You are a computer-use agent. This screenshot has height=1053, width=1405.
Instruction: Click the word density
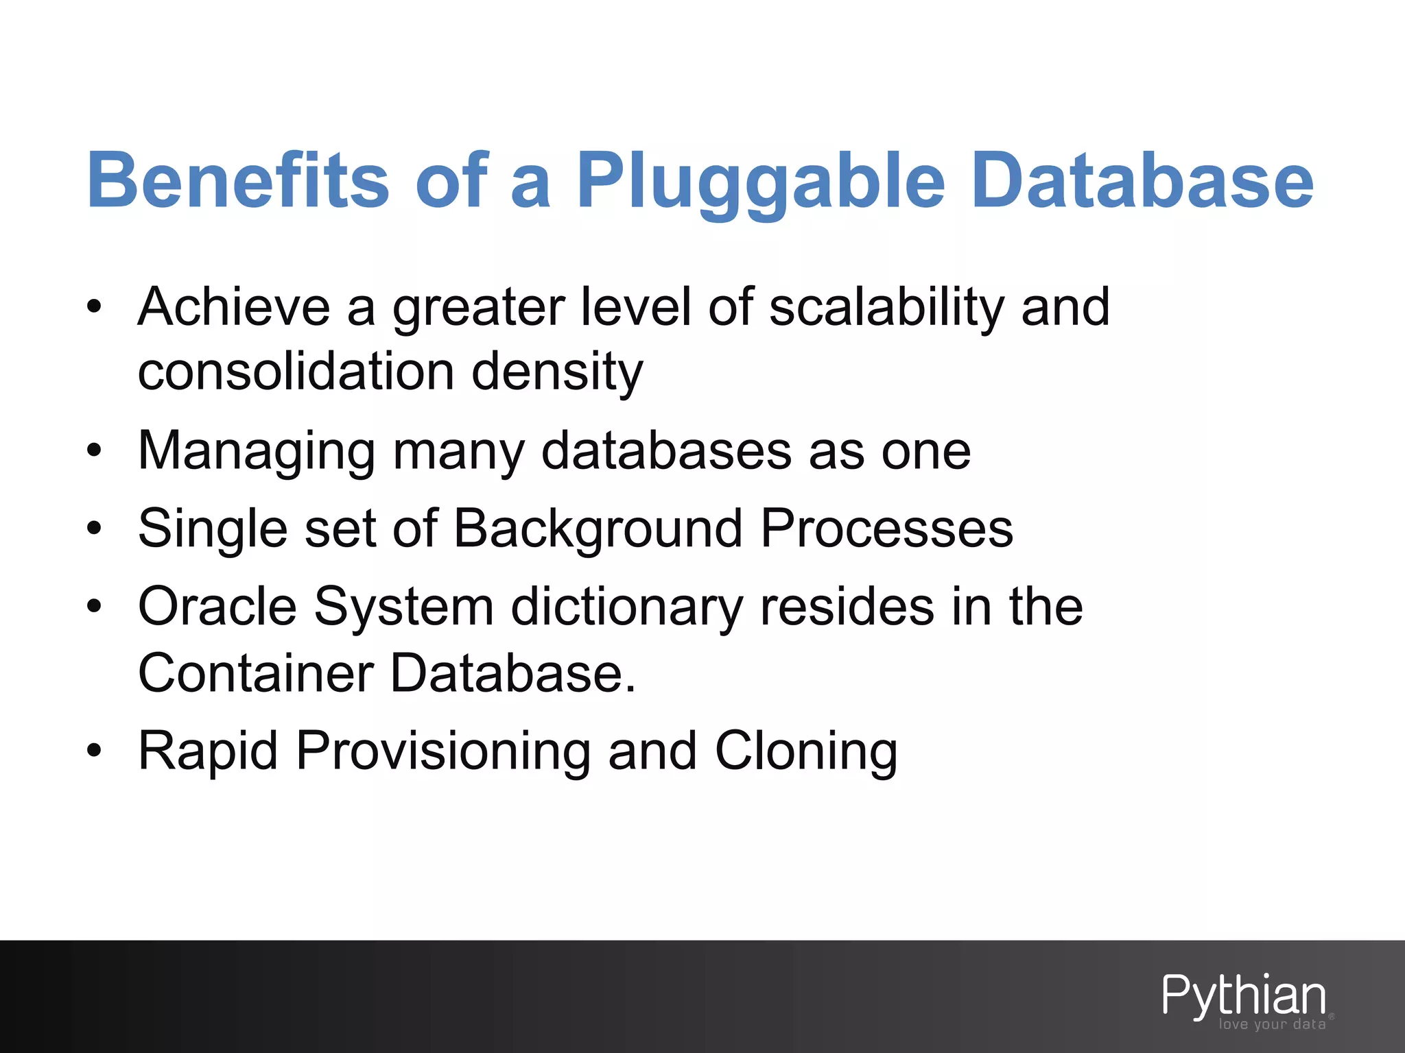coord(557,374)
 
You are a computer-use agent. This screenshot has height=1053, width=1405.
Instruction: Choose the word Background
coord(598,530)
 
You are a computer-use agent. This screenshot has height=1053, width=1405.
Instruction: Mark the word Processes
coord(886,529)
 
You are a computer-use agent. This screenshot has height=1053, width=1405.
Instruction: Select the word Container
coord(255,673)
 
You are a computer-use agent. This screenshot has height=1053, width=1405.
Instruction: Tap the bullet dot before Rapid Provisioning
coord(94,751)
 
